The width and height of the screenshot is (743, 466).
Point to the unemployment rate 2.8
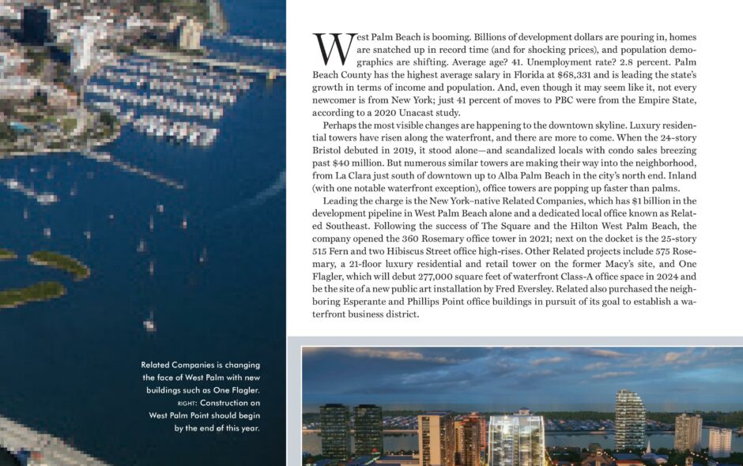point(605,61)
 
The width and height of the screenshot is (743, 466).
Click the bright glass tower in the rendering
point(516,438)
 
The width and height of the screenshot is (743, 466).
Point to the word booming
point(444,37)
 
